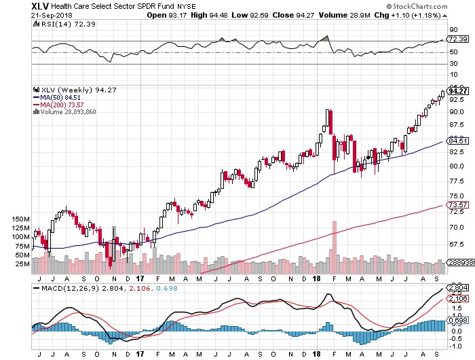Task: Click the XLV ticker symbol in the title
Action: (40, 6)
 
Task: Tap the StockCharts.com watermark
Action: (417, 6)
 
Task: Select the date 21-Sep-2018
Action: (52, 15)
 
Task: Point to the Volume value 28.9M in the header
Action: (360, 15)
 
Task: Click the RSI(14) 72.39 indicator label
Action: (68, 24)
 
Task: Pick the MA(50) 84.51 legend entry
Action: (56, 97)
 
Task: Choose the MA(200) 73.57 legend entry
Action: (58, 105)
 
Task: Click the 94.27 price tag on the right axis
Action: (457, 91)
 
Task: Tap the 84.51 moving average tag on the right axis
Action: (457, 141)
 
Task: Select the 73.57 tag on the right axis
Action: (457, 205)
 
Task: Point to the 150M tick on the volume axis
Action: (21, 219)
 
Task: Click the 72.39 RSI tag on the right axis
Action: (457, 39)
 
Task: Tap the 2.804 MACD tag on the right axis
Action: (457, 287)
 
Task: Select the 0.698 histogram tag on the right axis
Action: (457, 321)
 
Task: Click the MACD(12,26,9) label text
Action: (71, 288)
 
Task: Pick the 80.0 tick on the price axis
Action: (457, 166)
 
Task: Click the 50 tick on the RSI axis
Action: (453, 52)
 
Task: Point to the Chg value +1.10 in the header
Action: (400, 15)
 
